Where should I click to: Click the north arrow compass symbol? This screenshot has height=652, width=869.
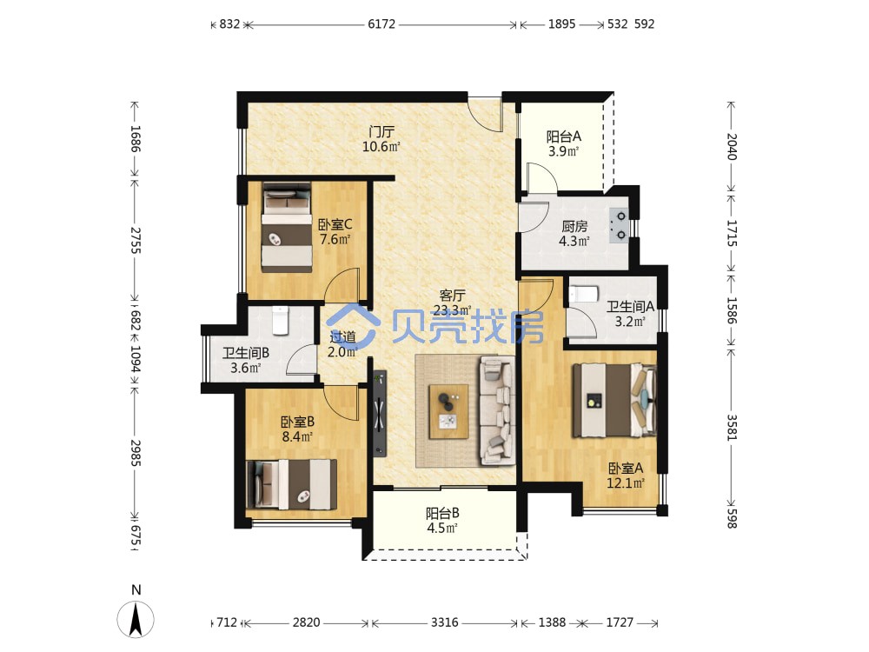tap(136, 617)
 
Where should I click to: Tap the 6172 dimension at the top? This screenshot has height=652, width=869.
tap(381, 24)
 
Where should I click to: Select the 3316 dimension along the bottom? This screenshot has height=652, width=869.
tap(444, 622)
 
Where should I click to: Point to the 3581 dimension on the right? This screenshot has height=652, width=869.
tap(732, 428)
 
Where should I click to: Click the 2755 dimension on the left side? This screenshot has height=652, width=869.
tap(136, 240)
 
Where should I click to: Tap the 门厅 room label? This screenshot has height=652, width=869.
tap(381, 132)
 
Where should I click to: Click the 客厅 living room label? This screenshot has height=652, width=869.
tap(452, 296)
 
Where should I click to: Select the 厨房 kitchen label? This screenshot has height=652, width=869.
tap(574, 226)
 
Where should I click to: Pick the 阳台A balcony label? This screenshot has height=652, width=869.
tap(564, 136)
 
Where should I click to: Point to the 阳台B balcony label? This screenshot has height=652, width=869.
tap(442, 514)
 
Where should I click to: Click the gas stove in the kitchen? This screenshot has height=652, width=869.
tap(619, 226)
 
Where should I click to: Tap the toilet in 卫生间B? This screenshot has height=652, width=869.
tap(281, 320)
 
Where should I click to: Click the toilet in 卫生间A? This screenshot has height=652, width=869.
tap(581, 293)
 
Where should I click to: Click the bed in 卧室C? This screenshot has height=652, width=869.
tap(287, 226)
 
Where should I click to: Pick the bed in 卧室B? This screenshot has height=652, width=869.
tap(291, 484)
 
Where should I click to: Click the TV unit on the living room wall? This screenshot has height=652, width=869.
tap(380, 413)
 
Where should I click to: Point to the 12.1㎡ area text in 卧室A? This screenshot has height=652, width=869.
tap(626, 482)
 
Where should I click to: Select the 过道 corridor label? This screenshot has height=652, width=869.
tap(342, 336)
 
